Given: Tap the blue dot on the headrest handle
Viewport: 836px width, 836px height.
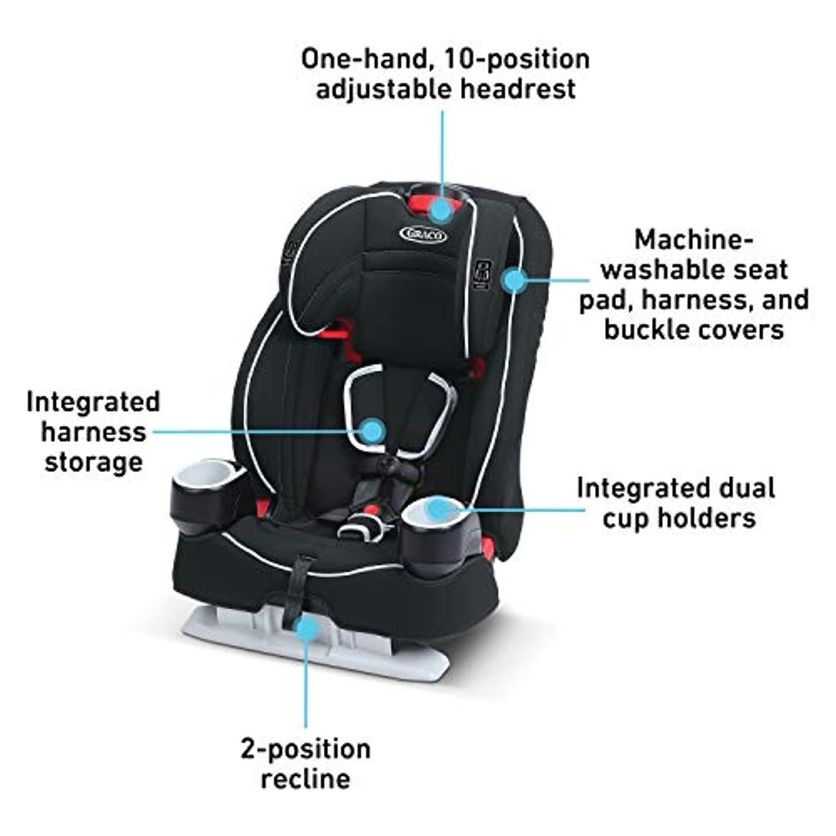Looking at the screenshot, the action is tap(443, 210).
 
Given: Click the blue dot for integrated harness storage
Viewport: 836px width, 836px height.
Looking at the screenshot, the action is tap(372, 431).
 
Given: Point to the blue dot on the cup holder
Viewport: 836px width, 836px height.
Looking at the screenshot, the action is tap(440, 509).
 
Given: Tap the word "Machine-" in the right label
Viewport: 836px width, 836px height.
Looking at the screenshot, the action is tap(694, 240).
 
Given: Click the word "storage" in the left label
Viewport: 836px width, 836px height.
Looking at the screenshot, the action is tap(94, 462).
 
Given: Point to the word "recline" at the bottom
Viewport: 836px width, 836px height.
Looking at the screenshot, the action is tap(305, 778).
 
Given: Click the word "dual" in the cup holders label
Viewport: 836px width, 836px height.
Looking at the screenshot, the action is tap(747, 488).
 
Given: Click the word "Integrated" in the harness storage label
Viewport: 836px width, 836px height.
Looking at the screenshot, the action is tap(93, 402).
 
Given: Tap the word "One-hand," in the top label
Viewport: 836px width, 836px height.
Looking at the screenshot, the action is tap(368, 60).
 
